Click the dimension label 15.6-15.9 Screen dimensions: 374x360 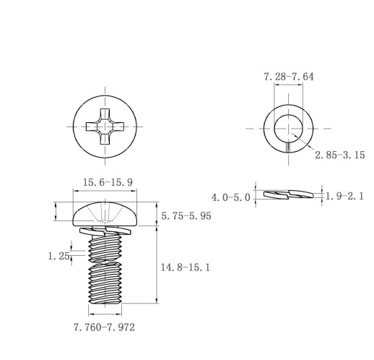point(108,182)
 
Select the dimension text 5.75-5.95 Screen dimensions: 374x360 point(186,216)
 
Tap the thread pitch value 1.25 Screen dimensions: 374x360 point(59,256)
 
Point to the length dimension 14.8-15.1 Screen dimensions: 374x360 point(185,267)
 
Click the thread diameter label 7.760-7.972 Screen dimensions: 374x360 point(104,327)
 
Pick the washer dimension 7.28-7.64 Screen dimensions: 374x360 point(289,77)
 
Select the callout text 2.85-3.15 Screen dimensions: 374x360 point(340,155)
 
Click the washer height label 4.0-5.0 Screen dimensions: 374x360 point(231,197)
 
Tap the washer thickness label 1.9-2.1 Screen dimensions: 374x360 point(344,197)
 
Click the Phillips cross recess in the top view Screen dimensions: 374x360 point(105,127)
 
